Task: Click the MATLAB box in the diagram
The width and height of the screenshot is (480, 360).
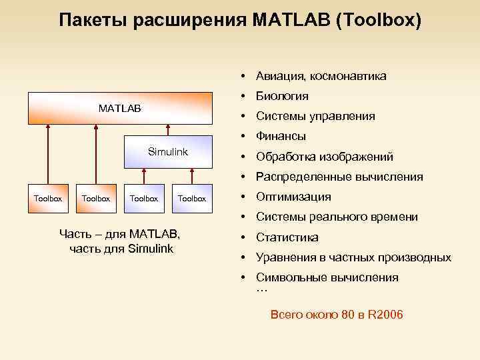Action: (120, 108)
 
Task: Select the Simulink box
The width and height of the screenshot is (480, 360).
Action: (168, 152)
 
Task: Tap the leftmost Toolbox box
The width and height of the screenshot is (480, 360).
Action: (48, 198)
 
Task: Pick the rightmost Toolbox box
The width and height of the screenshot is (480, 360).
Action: (192, 198)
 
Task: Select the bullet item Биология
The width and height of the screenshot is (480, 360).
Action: (282, 97)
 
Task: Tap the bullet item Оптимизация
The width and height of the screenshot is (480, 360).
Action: (293, 197)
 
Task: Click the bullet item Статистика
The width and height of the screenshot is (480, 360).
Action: (287, 237)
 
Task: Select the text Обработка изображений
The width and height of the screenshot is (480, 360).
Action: (325, 157)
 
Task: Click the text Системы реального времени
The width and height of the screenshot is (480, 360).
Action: (337, 217)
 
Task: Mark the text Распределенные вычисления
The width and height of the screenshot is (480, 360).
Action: (339, 177)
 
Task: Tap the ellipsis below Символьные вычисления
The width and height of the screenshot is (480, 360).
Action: (261, 289)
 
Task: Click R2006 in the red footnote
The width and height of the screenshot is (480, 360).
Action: (385, 315)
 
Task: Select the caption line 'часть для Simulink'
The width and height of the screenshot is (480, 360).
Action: (121, 249)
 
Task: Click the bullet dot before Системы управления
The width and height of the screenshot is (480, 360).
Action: (245, 117)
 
